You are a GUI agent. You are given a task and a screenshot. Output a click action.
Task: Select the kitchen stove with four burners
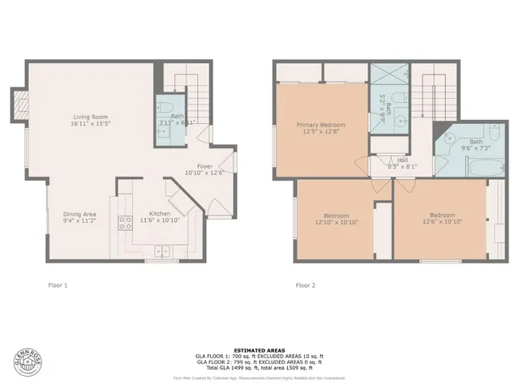click(126, 224)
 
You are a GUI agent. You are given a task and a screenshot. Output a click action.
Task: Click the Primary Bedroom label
click(320, 125)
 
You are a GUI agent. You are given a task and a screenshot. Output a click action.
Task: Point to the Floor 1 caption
click(58, 285)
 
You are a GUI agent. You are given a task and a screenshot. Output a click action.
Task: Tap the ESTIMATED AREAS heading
click(259, 349)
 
